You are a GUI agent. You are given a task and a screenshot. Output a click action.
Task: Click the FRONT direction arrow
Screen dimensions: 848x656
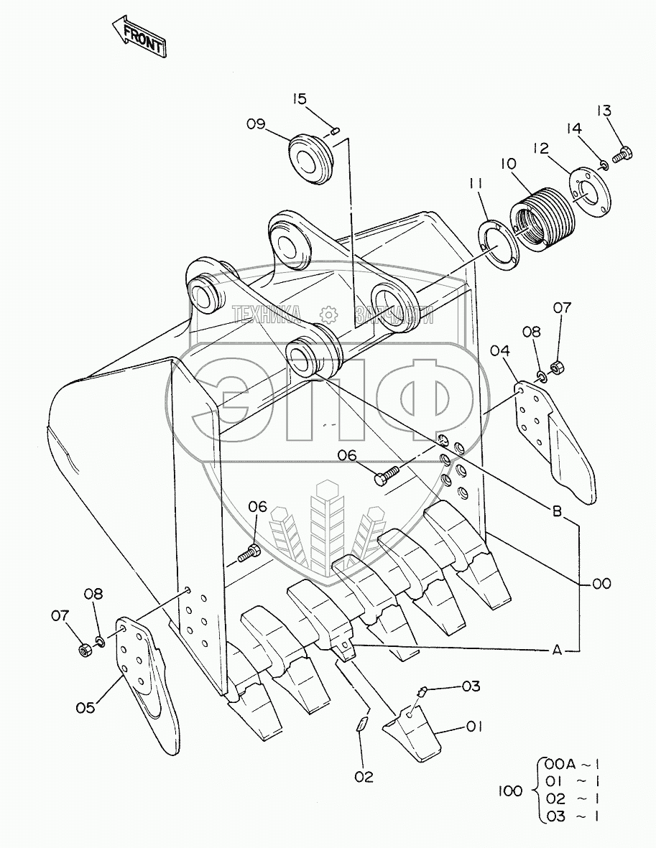pos(139,37)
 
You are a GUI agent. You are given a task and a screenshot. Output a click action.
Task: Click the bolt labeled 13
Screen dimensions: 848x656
pos(622,153)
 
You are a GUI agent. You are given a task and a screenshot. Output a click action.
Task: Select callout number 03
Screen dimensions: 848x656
pos(470,686)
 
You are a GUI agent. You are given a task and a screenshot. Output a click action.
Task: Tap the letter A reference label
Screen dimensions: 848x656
pos(556,651)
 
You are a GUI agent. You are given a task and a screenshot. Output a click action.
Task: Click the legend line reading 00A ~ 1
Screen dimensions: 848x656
pos(572,763)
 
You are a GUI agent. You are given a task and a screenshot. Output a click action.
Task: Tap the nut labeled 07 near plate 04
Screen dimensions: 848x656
pos(555,369)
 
